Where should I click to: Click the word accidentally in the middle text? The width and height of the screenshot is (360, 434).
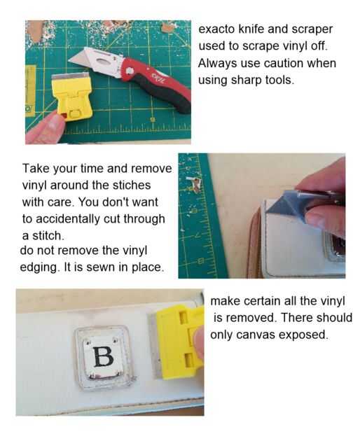tap(68, 219)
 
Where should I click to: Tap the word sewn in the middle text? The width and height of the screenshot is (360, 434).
tap(99, 268)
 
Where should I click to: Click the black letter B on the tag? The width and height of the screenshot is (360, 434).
tap(103, 356)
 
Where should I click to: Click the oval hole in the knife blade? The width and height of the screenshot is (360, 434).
tap(104, 61)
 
